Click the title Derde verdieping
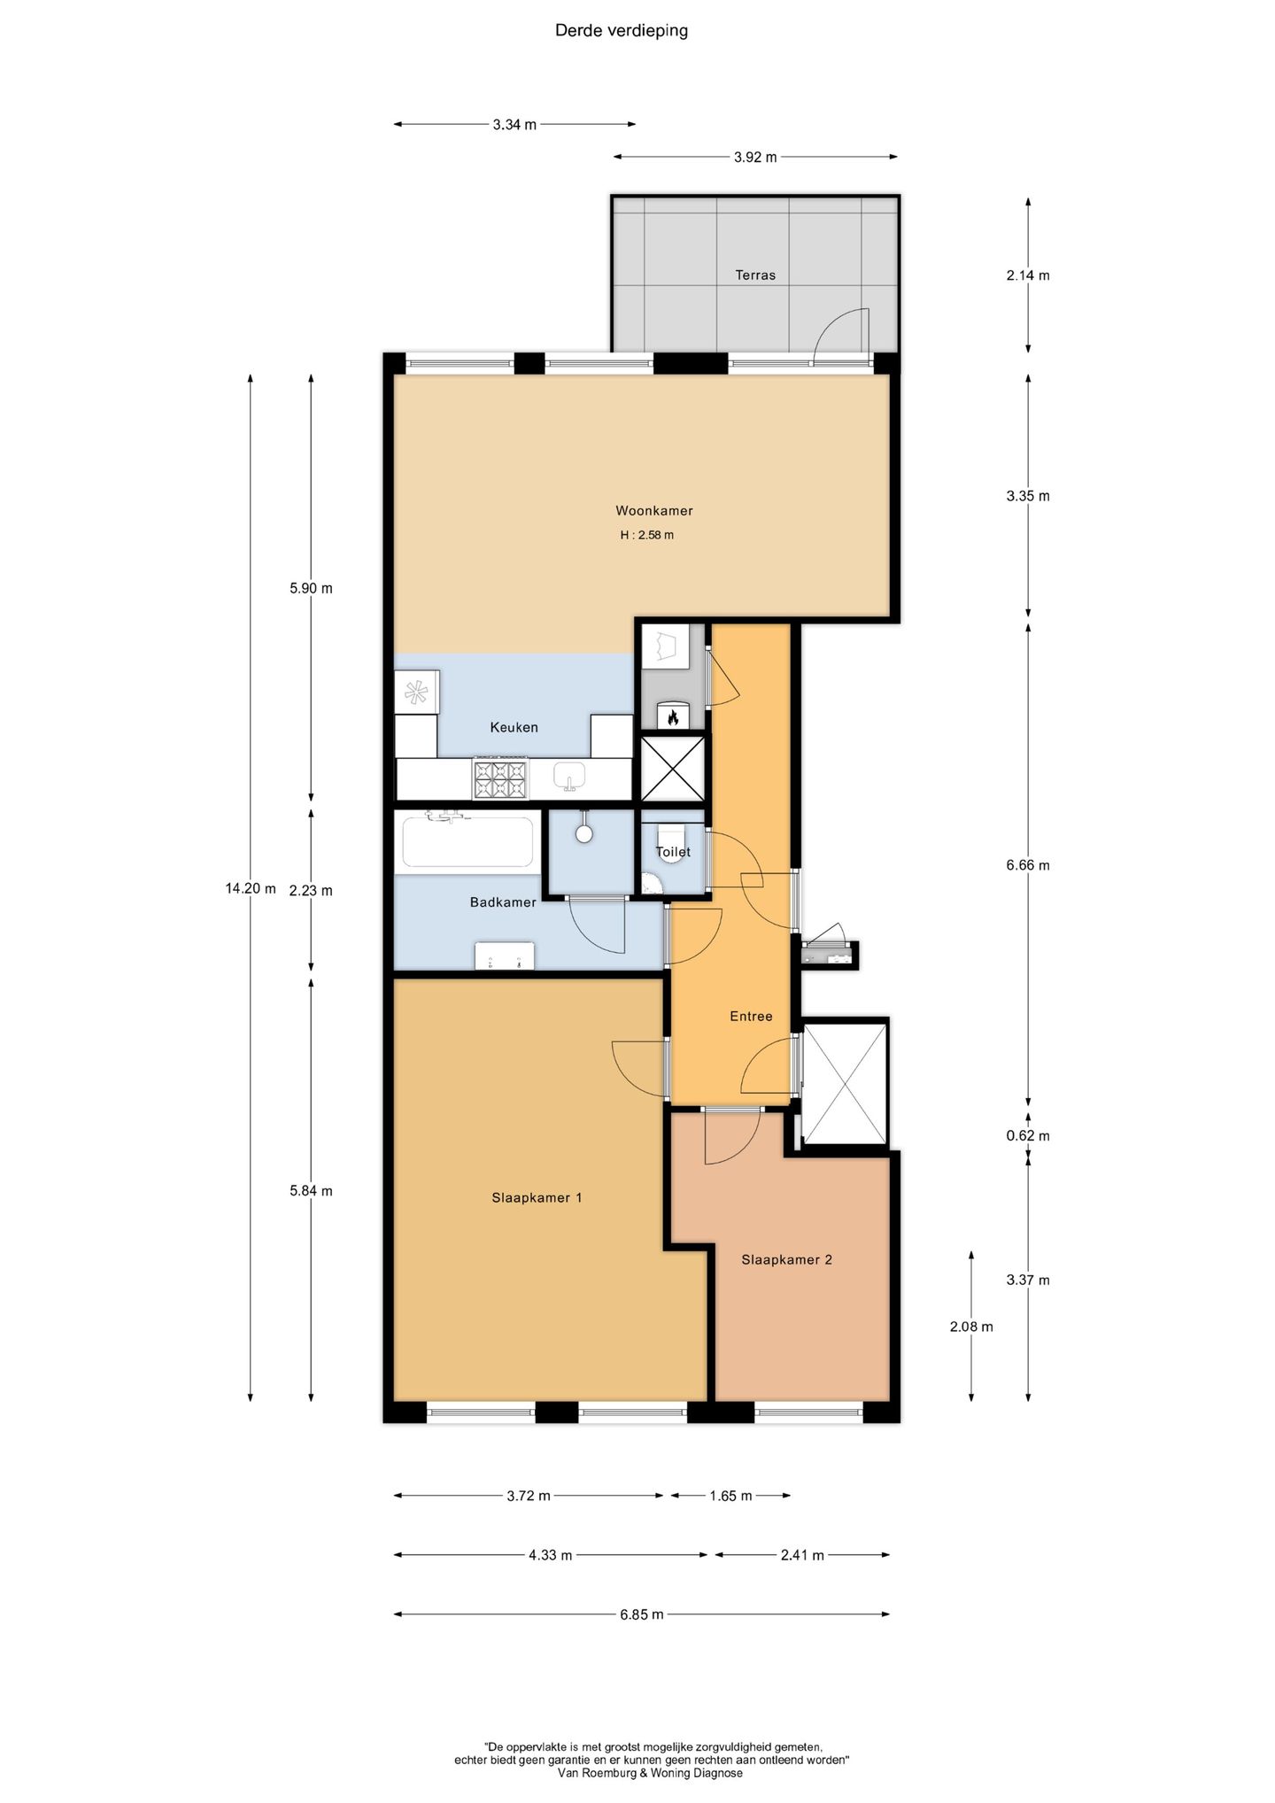pyautogui.click(x=622, y=31)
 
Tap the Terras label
pyautogui.click(x=755, y=275)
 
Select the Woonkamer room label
pyautogui.click(x=654, y=511)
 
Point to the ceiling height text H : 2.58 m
pyautogui.click(x=646, y=535)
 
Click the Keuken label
pyautogui.click(x=514, y=727)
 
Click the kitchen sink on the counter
pyautogui.click(x=570, y=777)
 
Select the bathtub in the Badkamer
pyautogui.click(x=468, y=840)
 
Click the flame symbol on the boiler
pyautogui.click(x=673, y=716)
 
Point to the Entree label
pyautogui.click(x=751, y=1017)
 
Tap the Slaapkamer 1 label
pyautogui.click(x=537, y=1198)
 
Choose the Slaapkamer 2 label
pyautogui.click(x=787, y=1260)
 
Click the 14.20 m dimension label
pyautogui.click(x=251, y=888)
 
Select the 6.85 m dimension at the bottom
pyautogui.click(x=642, y=1614)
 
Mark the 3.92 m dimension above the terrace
pyautogui.click(x=755, y=158)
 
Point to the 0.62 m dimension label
pyautogui.click(x=1028, y=1136)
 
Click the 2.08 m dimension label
pyautogui.click(x=971, y=1327)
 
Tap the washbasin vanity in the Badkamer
pyautogui.click(x=505, y=956)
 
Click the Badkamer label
pyautogui.click(x=503, y=902)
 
